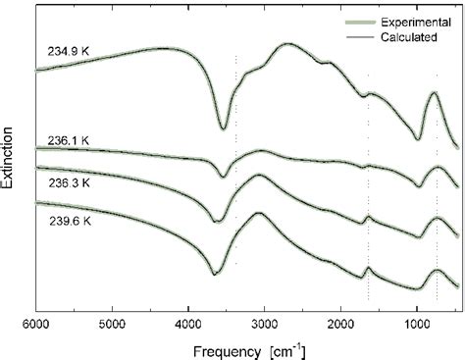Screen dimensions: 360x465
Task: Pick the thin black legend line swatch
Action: (x=329, y=36)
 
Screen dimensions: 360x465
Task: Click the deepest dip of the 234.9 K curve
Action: (x=224, y=128)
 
